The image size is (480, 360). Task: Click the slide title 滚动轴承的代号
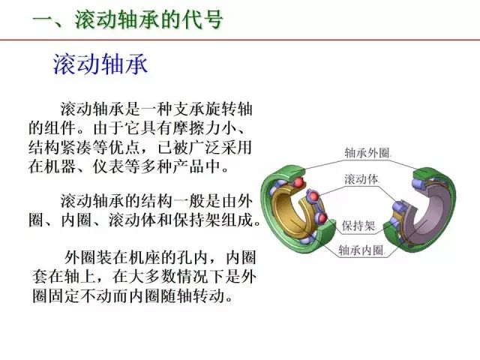tap(148, 20)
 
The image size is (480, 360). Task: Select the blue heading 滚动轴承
tap(100, 64)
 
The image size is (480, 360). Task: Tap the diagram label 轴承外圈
tap(368, 152)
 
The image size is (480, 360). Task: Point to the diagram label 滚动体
tap(361, 179)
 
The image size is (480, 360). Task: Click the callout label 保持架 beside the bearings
tap(358, 226)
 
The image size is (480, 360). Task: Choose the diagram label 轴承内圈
tap(361, 250)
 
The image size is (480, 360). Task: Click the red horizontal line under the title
tap(240, 40)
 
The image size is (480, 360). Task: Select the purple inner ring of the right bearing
tap(428, 211)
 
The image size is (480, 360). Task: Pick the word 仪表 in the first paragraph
tap(108, 166)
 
